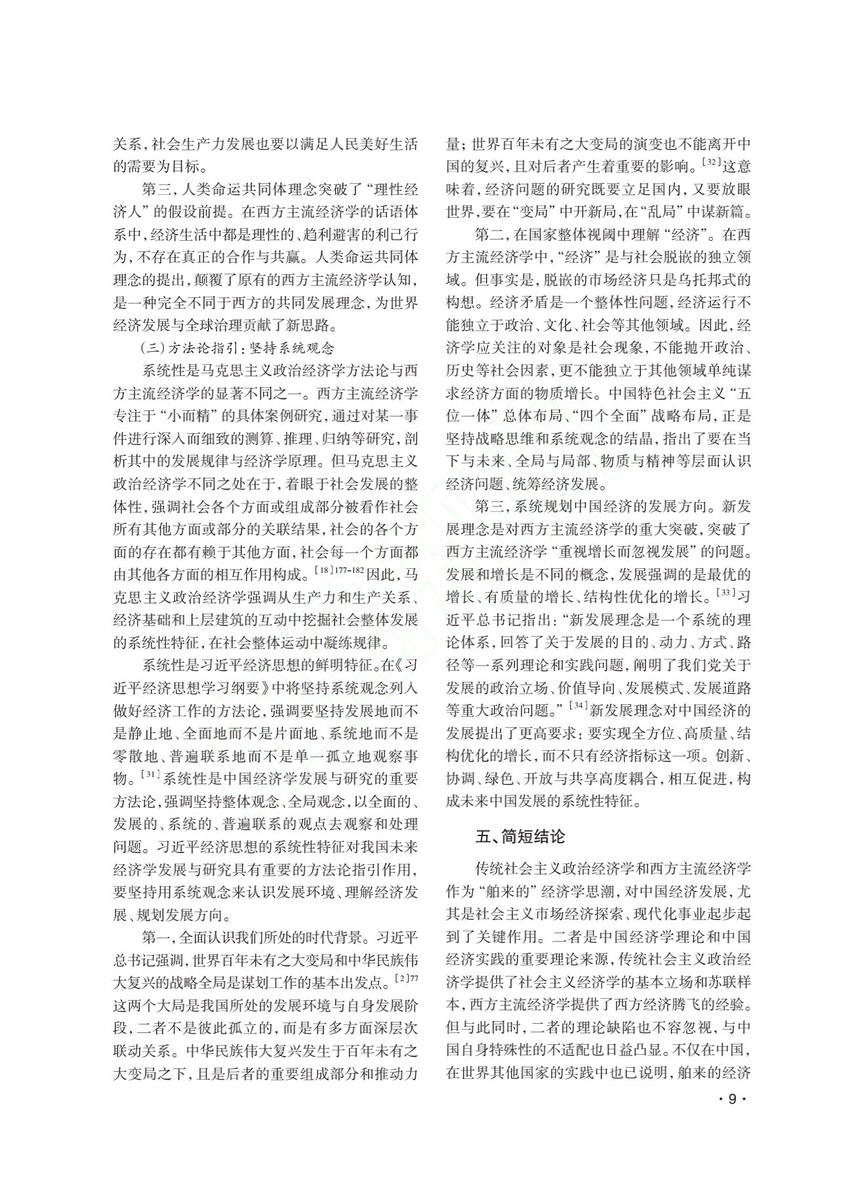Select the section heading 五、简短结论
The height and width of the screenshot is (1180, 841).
pyautogui.click(x=520, y=837)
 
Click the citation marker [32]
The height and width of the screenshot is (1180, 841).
pyautogui.click(x=711, y=160)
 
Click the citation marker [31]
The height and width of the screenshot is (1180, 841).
pyautogui.click(x=151, y=774)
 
